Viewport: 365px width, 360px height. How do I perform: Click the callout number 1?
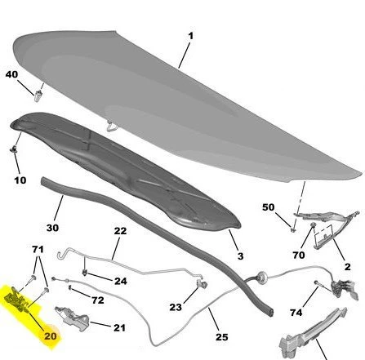click(190, 36)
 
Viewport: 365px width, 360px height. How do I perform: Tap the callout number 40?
click(11, 74)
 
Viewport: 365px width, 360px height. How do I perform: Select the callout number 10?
click(20, 180)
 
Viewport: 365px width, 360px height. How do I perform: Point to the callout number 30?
click(52, 228)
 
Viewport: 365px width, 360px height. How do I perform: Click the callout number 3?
click(240, 256)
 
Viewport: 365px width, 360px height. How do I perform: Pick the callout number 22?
click(120, 231)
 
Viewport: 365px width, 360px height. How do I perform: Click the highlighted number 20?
click(51, 336)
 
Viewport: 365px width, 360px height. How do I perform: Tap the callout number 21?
click(119, 327)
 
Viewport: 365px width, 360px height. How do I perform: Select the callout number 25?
click(221, 337)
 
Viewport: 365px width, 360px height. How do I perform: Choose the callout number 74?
click(296, 313)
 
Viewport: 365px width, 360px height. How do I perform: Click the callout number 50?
click(269, 207)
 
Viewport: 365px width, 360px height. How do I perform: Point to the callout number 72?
click(98, 300)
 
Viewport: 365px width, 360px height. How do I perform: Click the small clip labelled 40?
click(38, 96)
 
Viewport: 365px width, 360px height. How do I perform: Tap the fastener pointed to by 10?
click(13, 149)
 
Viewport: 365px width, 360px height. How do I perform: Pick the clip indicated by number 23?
click(203, 284)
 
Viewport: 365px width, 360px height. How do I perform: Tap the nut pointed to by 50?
click(293, 230)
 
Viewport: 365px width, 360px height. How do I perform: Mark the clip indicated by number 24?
click(85, 272)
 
